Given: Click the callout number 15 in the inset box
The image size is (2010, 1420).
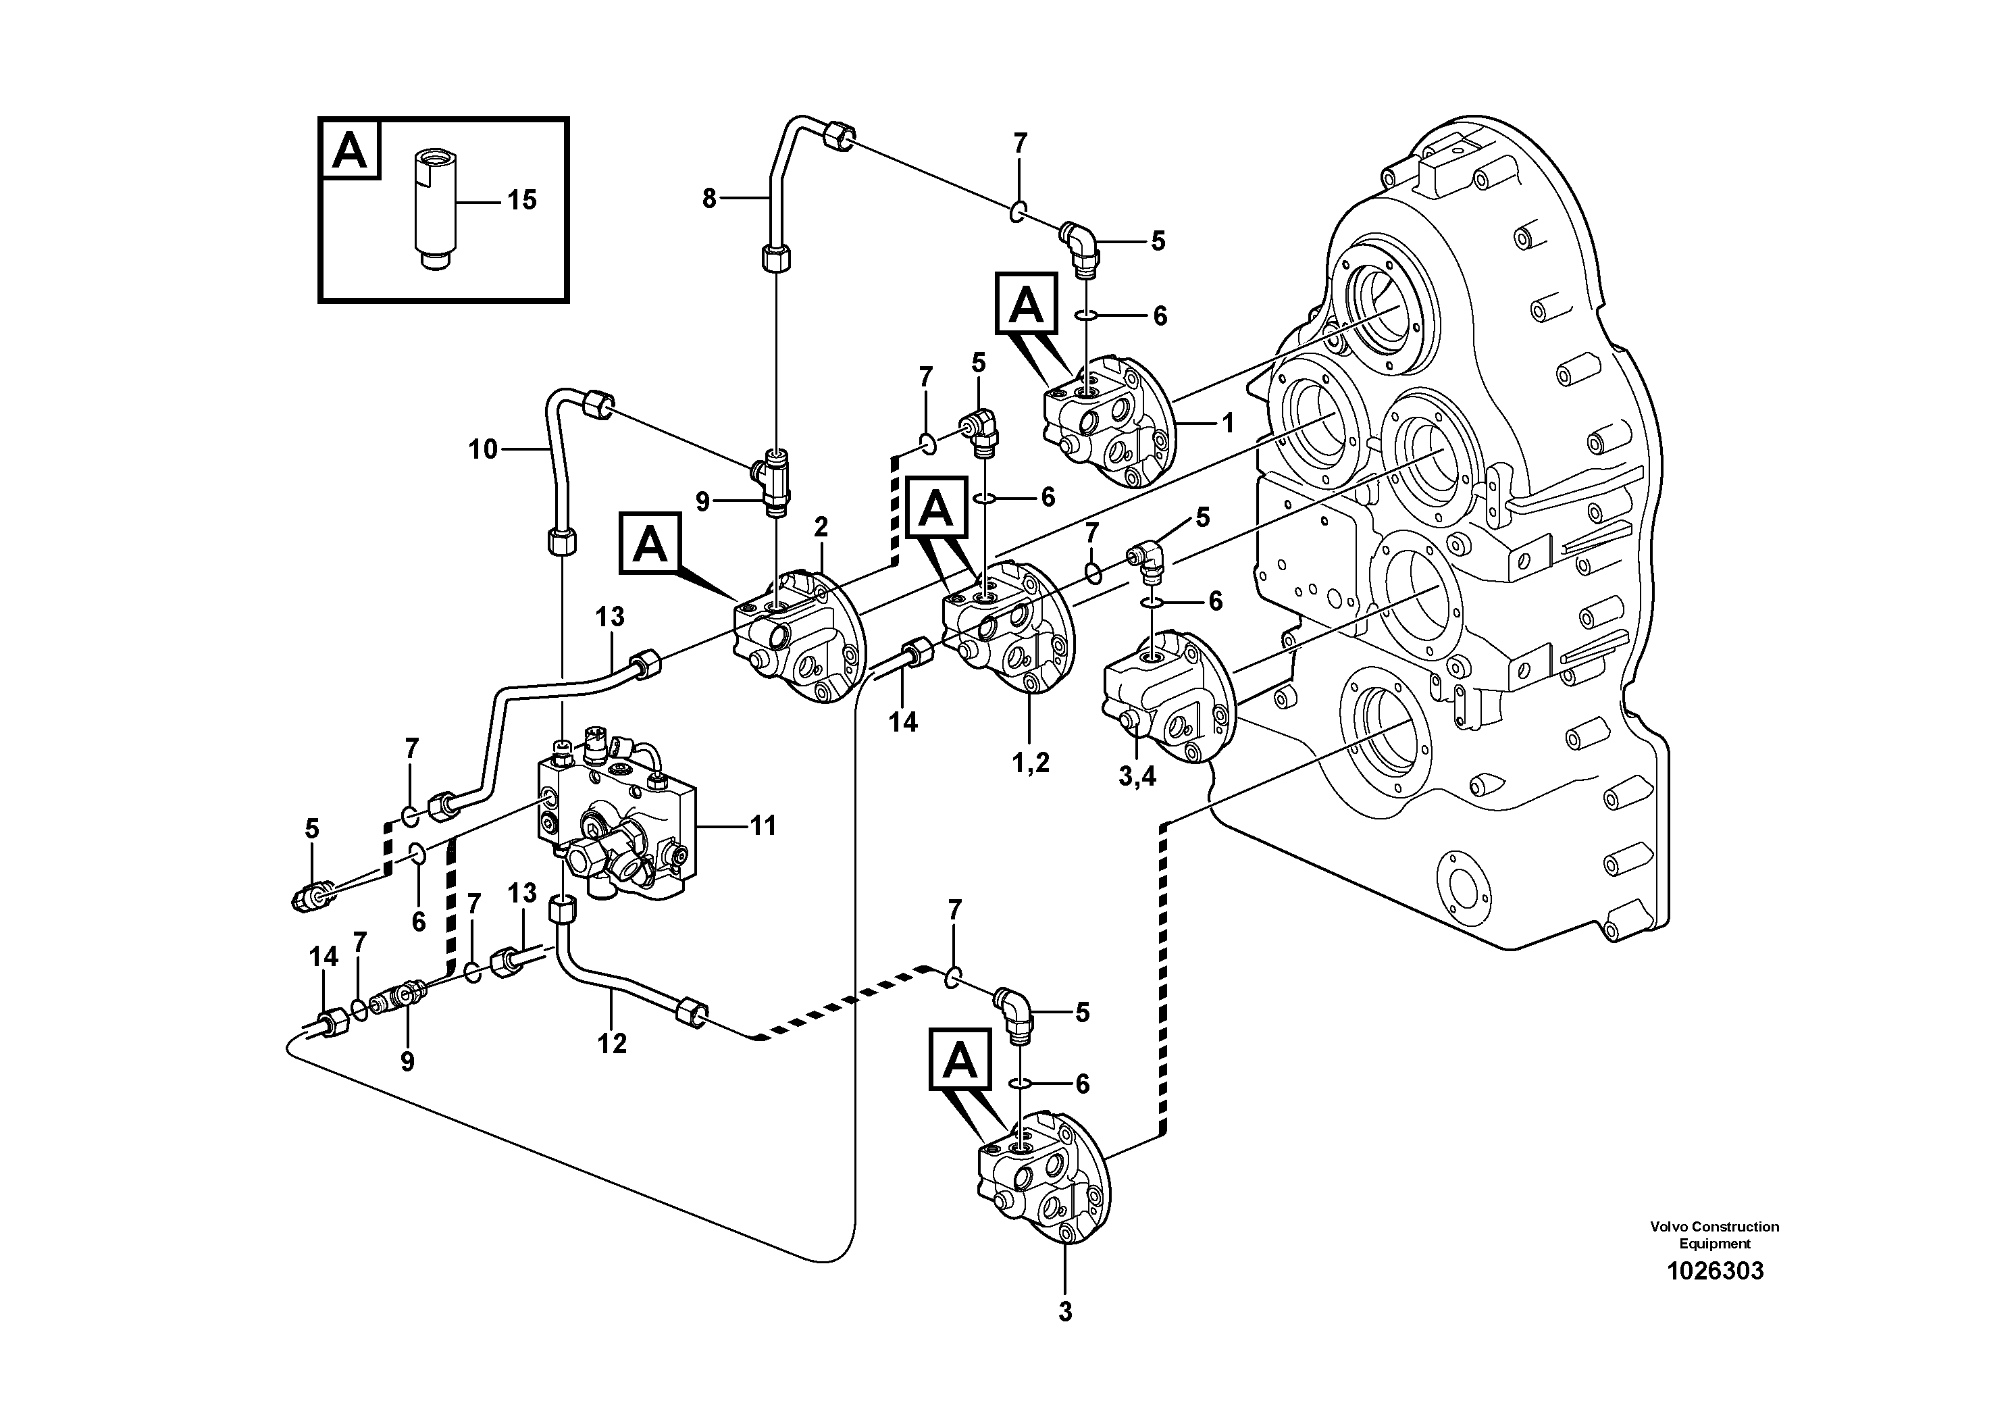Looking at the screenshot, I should coord(522,201).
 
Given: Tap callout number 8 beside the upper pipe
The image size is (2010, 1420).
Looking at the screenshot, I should coord(709,199).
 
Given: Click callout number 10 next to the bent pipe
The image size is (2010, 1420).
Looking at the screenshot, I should coord(483,450).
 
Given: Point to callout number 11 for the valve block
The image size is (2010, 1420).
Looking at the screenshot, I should coord(763,826).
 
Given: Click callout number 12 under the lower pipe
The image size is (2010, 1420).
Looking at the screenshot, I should coord(612,1044).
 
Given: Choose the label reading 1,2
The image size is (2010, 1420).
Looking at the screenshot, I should coord(1031,763).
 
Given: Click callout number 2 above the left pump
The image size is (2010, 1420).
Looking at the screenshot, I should coord(821,527).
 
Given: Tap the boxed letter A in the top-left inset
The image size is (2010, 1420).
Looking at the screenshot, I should coord(350,150).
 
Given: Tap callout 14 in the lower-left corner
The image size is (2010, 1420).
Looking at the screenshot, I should coord(323,957).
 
